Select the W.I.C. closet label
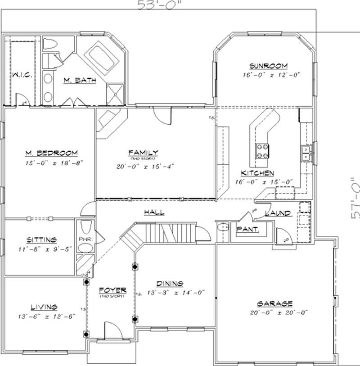(21, 74)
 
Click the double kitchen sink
(306, 153)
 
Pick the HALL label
(154, 212)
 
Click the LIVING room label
(44, 307)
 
